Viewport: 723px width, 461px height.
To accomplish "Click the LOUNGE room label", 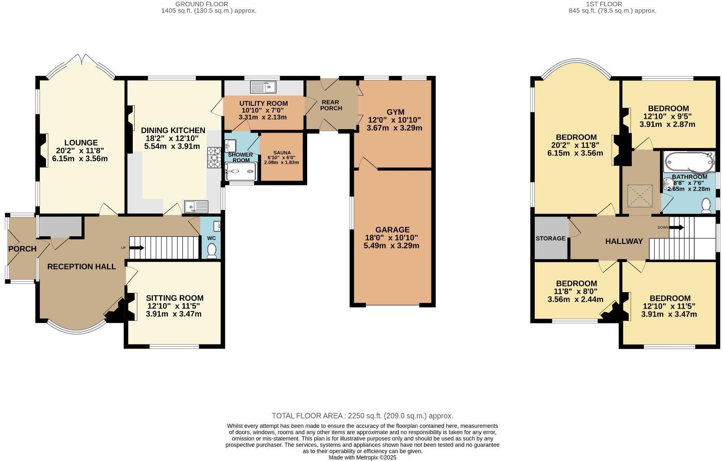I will coord(80,143).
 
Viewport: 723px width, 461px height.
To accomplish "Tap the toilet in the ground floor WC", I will coord(211,251).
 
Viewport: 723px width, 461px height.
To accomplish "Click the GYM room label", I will coord(395,112).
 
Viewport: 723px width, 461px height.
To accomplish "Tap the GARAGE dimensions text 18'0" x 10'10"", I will coord(392,238).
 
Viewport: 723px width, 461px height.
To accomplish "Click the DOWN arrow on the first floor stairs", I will coord(676,227).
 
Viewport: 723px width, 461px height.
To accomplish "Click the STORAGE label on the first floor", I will coord(550,239).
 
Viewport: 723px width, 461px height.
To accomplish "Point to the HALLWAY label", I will coord(624,241).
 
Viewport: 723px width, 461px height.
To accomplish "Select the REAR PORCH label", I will coord(331,105).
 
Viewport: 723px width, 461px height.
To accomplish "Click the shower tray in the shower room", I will coord(241,171).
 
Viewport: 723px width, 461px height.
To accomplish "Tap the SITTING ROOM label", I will coord(174,298).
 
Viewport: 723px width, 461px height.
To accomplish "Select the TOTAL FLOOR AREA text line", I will coord(362,415).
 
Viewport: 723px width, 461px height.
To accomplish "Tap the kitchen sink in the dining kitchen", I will coord(196,206).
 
